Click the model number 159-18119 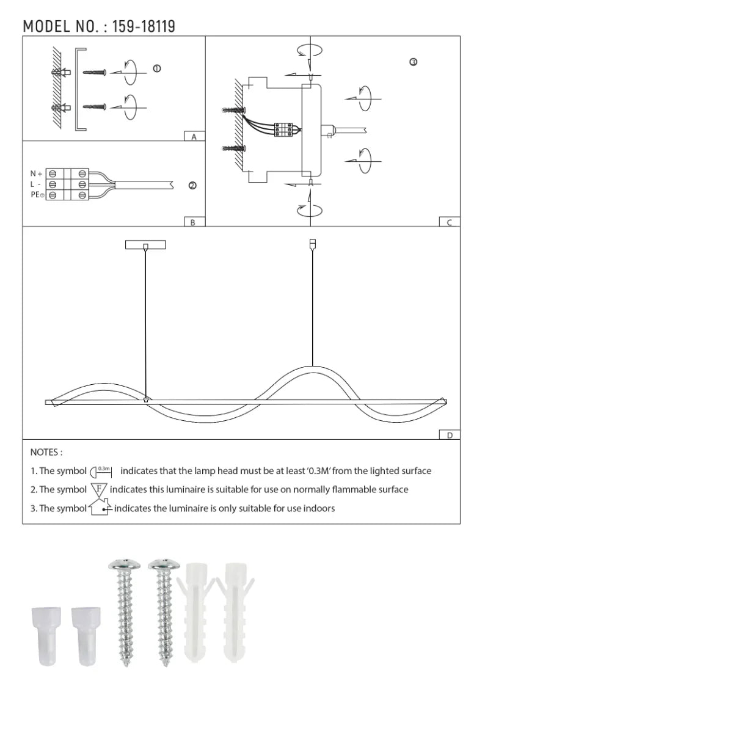[x=144, y=26]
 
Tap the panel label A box [x=194, y=137]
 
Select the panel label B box [x=194, y=222]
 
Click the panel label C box [x=449, y=222]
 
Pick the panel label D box [x=449, y=435]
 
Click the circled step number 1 [x=156, y=68]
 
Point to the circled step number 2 [x=192, y=186]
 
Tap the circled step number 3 [x=414, y=62]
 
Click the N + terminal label [x=37, y=174]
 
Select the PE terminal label [x=37, y=194]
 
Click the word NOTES [x=46, y=453]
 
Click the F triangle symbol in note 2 [x=99, y=489]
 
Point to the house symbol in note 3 [x=100, y=508]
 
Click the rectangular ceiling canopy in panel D [x=145, y=245]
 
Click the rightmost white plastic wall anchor [x=236, y=611]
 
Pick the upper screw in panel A [x=95, y=73]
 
